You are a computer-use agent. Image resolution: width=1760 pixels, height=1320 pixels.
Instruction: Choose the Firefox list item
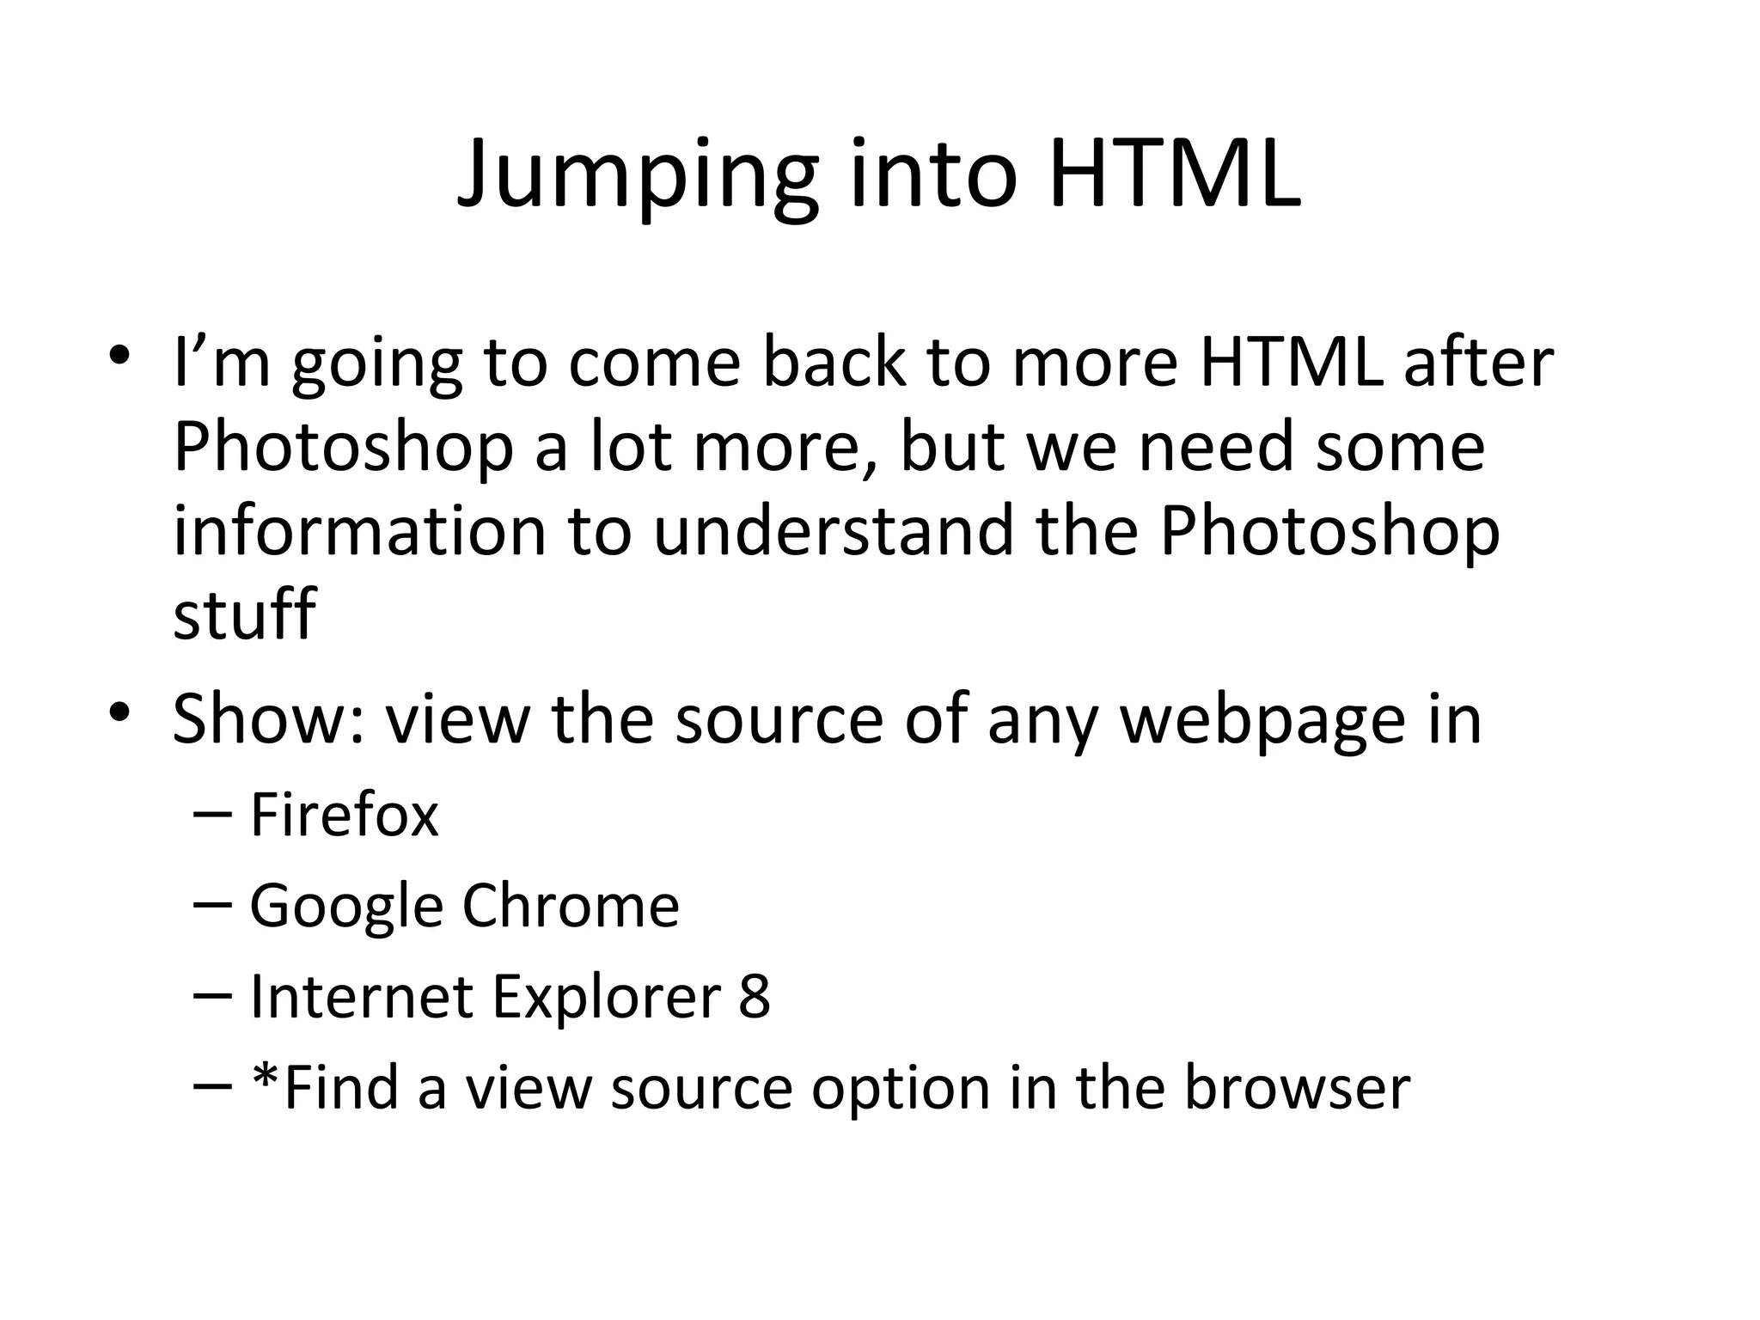[x=344, y=814]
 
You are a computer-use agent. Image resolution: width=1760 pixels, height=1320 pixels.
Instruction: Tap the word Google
[x=346, y=907]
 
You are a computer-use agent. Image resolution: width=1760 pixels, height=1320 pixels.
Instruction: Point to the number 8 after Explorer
[x=754, y=997]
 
